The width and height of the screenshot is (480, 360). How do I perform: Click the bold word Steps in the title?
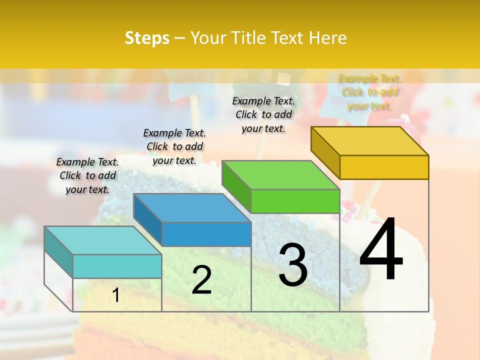tap(147, 38)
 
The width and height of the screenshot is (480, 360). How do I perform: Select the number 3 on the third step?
tap(293, 264)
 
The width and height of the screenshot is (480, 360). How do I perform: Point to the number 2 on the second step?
tap(201, 280)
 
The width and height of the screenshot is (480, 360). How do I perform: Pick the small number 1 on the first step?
tap(115, 295)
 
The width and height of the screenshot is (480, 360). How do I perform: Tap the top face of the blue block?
tap(192, 207)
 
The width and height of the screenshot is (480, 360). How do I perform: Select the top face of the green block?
tap(280, 175)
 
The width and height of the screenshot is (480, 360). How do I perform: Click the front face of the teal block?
tap(117, 266)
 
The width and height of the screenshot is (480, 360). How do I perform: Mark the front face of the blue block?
tap(206, 234)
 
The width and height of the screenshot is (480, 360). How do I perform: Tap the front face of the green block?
tap(295, 201)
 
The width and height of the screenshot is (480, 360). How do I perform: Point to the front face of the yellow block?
tap(384, 167)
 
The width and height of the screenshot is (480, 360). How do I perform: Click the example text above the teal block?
tap(87, 175)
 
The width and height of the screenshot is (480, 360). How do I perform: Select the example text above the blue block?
tap(174, 146)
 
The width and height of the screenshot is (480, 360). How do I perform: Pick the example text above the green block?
tap(263, 114)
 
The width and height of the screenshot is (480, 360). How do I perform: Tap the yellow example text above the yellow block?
tap(370, 92)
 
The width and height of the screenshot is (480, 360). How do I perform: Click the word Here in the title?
tap(327, 38)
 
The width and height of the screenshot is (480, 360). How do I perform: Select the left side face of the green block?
tap(236, 186)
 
